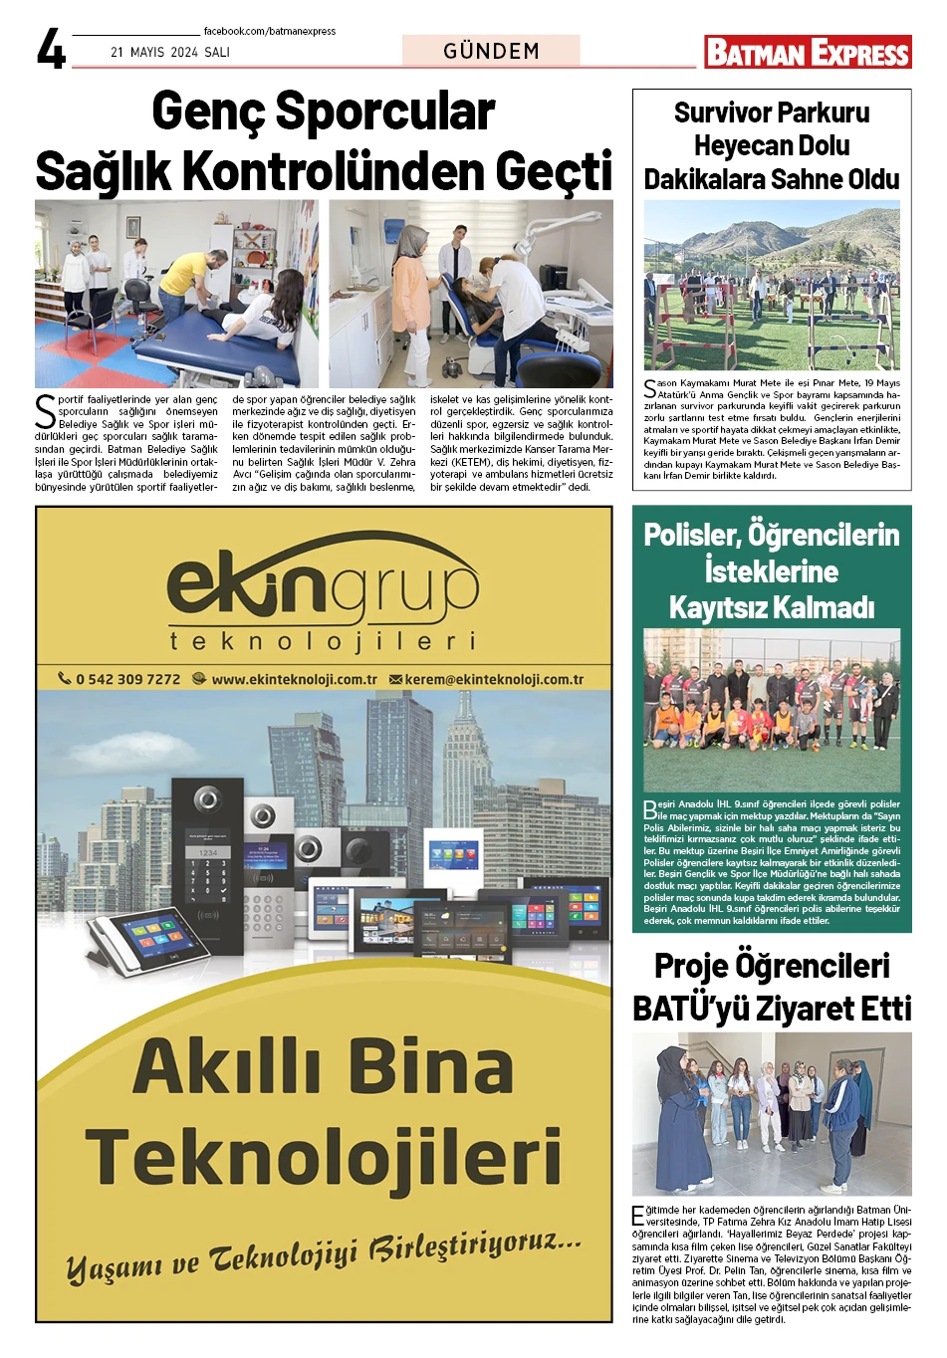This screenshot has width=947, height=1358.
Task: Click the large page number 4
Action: point(51,49)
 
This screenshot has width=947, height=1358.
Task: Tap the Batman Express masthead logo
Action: point(808,52)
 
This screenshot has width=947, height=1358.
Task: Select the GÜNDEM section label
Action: point(491,51)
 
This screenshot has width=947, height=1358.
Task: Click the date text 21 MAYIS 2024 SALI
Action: point(170,52)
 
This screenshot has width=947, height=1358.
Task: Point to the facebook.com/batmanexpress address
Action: point(270,31)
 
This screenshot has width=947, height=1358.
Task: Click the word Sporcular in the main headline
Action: point(384,112)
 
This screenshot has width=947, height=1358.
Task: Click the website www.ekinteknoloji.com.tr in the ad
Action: point(294,679)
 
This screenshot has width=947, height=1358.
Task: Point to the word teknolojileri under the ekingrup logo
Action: point(322,640)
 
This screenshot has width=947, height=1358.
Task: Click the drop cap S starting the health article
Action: point(45,409)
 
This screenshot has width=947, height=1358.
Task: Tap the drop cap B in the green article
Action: point(649,809)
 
